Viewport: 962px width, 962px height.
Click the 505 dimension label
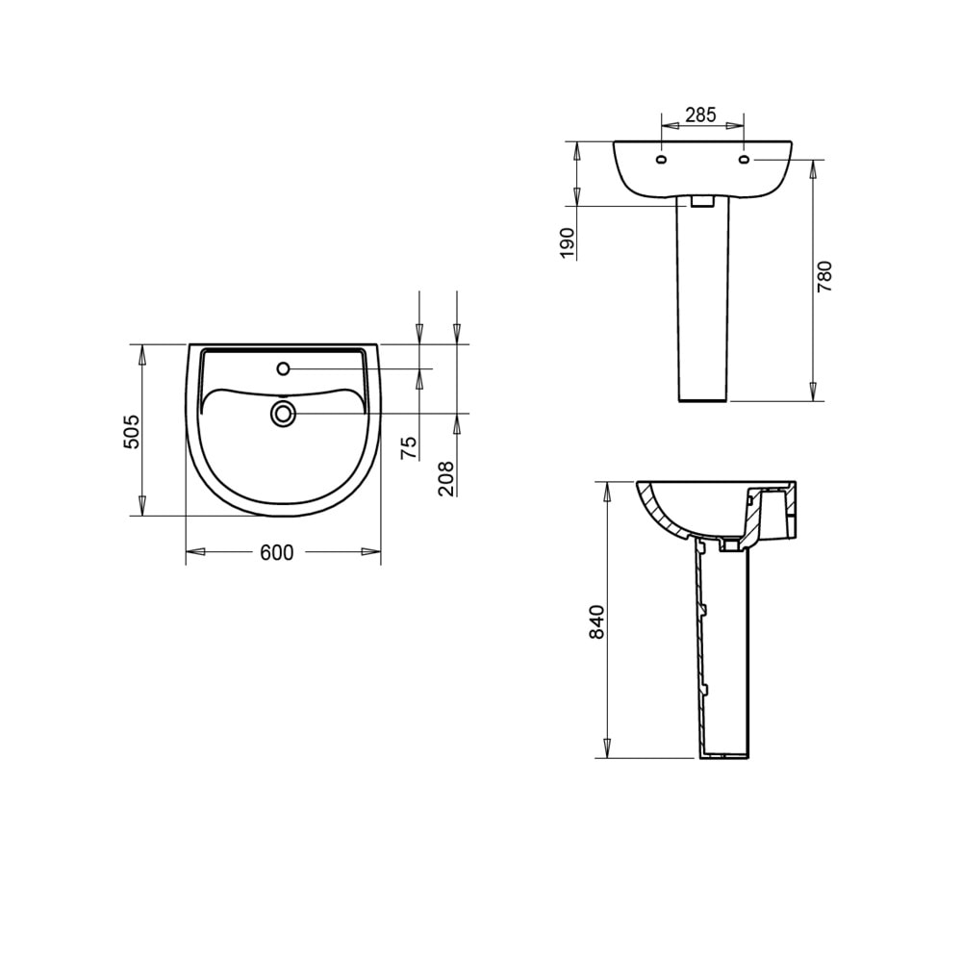[133, 431]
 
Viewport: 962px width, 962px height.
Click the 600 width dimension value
[276, 552]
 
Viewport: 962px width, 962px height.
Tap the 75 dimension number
[409, 446]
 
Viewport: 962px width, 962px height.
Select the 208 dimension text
[446, 478]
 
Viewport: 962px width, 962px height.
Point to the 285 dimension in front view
[700, 114]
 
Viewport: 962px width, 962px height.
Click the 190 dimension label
[568, 242]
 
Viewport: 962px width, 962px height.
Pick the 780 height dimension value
[824, 276]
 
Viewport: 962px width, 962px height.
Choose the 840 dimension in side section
[596, 622]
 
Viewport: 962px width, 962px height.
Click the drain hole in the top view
[283, 414]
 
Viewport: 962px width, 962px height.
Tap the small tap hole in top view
[283, 368]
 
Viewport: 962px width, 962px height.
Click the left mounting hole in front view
[660, 159]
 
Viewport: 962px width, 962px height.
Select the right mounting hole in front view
[745, 159]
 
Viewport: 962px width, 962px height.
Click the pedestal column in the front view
[702, 308]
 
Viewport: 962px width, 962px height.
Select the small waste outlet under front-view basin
[702, 202]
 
